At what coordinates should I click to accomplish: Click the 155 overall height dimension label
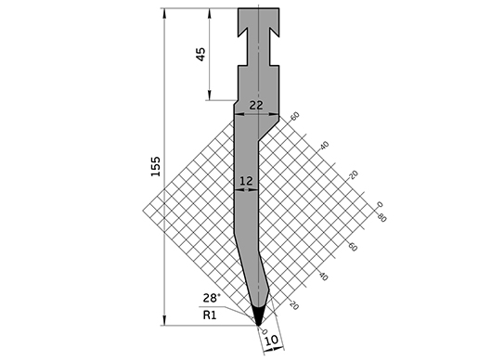(156, 166)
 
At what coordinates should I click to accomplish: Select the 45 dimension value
(200, 55)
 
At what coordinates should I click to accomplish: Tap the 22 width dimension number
(256, 105)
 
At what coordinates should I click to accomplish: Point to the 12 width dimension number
(246, 181)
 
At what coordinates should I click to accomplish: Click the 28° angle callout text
(212, 298)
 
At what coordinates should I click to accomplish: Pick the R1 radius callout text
(210, 315)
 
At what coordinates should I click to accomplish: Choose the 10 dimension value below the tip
(272, 340)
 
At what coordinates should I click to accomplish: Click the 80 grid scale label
(381, 219)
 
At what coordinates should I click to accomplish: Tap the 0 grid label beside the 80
(381, 204)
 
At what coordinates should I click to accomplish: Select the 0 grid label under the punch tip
(265, 331)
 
